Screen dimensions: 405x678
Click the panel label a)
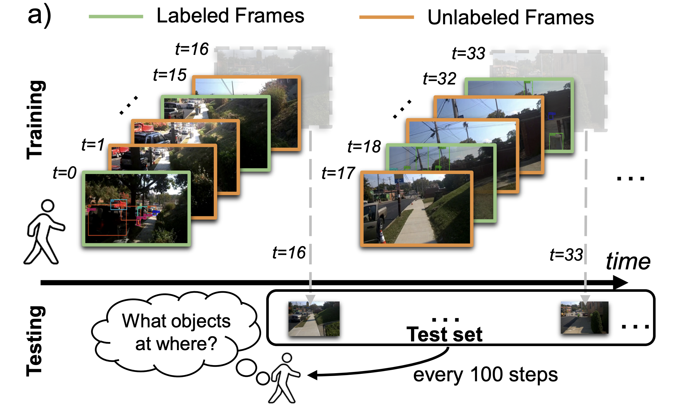coord(39,16)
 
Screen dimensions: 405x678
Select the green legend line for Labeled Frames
coord(116,17)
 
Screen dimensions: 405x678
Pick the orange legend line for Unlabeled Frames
coord(386,17)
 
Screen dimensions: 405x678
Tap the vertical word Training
coord(36,120)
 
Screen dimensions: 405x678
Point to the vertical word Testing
coord(35,341)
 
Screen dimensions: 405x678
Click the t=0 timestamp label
coord(64,172)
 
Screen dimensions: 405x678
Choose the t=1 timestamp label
coord(93,145)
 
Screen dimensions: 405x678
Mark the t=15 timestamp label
coord(169,75)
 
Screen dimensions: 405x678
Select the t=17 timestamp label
coord(338,173)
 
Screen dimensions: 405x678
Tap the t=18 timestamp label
coord(364,147)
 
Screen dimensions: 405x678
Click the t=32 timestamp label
coord(439,78)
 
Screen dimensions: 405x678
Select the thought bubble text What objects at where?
coord(176,332)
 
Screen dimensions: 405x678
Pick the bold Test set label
coord(444,335)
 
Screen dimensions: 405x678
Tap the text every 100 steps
coord(485,375)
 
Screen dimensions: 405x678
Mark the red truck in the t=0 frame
coord(119,205)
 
